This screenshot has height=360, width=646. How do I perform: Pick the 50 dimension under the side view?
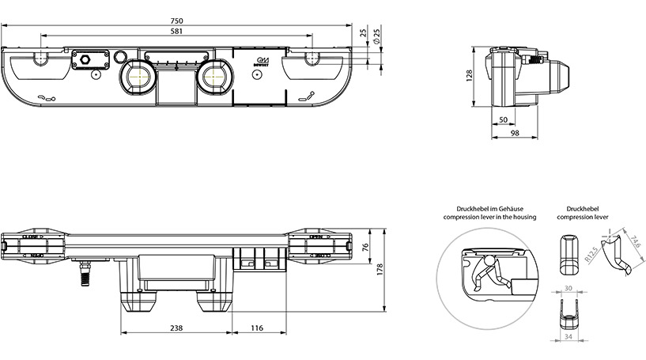pyautogui.click(x=503, y=119)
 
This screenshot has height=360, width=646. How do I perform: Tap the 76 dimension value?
pyautogui.click(x=365, y=248)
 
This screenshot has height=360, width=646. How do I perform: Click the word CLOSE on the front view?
pyautogui.click(x=32, y=235)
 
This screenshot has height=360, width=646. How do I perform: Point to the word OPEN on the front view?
pyautogui.click(x=315, y=235)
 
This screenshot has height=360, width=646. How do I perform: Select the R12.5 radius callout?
pyautogui.click(x=590, y=254)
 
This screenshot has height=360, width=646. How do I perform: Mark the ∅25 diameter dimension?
pyautogui.click(x=376, y=35)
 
